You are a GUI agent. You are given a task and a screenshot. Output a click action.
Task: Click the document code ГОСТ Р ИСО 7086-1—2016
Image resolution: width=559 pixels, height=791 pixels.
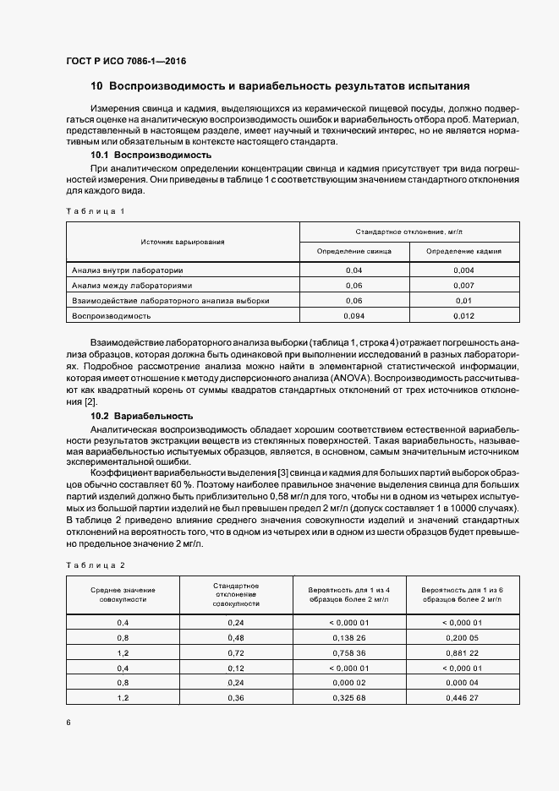pos(125,62)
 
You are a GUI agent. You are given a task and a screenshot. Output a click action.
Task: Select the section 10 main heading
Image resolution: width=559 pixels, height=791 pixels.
pos(279,86)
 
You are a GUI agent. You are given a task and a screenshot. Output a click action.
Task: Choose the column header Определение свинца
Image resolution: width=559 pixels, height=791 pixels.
pos(353,251)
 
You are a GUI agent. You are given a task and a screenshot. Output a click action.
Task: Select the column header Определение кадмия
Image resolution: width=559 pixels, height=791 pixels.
pos(463,251)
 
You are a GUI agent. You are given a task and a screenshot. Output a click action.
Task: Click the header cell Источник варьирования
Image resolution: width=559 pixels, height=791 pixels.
pos(182,241)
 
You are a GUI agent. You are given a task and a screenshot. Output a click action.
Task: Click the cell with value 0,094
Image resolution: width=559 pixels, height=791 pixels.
pos(353,315)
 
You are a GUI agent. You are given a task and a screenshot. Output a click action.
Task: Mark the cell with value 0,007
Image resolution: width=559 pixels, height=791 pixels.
pos(463,286)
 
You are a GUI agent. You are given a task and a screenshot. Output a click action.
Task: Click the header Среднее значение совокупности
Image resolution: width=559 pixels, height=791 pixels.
pos(123,594)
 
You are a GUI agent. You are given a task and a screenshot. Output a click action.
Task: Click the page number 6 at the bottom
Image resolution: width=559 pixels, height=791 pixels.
pos(68,723)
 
